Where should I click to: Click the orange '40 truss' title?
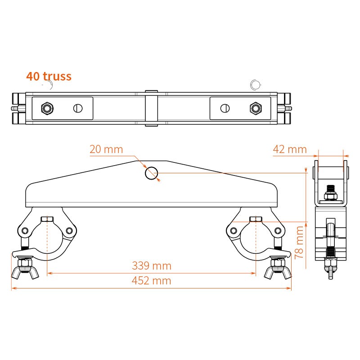pos(49,76)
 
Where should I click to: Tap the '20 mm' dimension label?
pos(106,149)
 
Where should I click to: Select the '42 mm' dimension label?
pos(290,149)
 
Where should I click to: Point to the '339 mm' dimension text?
pos(152,265)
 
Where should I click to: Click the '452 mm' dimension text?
pos(152,280)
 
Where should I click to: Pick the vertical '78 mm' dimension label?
pos(299,242)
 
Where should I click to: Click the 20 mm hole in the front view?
pos(152,173)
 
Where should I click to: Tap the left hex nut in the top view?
pos(47,108)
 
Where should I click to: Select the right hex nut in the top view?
pos(256,108)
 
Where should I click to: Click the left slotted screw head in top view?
pos(78,108)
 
